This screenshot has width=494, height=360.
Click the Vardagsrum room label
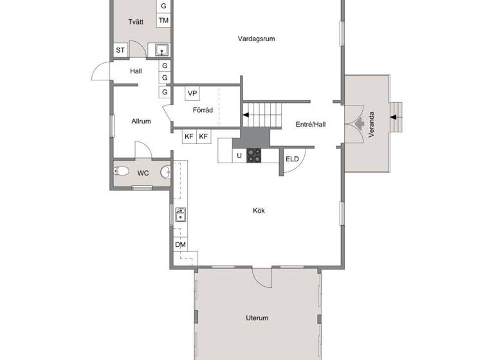[x=256, y=39]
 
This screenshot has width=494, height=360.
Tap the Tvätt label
[x=135, y=22]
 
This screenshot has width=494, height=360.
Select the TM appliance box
[x=164, y=21]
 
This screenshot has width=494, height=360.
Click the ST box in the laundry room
[x=120, y=50]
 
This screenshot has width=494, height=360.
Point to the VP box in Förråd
[x=192, y=93]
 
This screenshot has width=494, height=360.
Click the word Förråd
[x=203, y=110]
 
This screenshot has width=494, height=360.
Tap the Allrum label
[x=141, y=121]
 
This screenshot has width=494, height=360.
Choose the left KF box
[x=189, y=136]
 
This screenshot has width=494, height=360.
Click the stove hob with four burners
[x=254, y=155]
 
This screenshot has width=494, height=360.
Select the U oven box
[x=239, y=155]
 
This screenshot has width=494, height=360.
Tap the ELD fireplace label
[x=292, y=159]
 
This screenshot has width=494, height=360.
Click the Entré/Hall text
[x=310, y=124]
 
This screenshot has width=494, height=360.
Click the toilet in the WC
[x=120, y=172]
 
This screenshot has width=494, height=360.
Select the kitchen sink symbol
[x=181, y=215]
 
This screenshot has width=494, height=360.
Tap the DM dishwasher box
[x=180, y=245]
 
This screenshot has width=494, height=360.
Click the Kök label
[x=259, y=210]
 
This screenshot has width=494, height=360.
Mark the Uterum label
[x=257, y=318]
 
